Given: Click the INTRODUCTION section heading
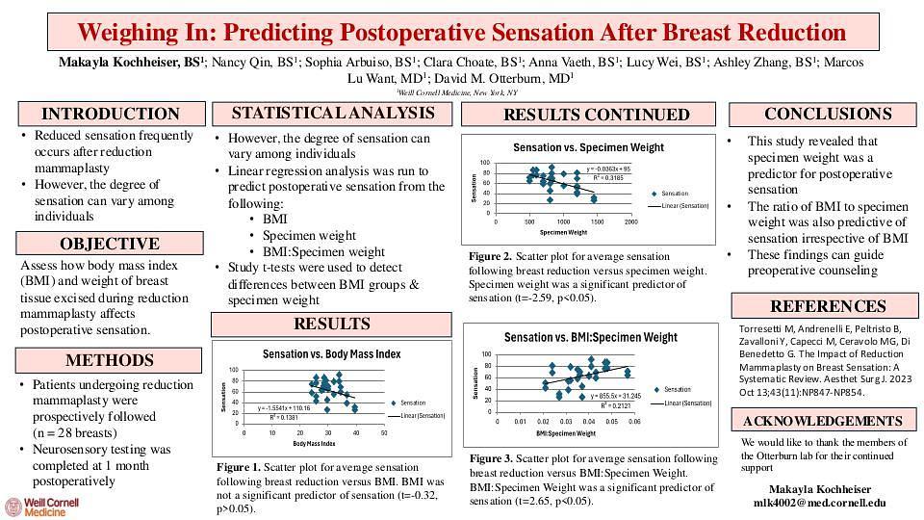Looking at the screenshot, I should pos(110,114).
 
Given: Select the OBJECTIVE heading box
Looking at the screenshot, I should pos(110,244).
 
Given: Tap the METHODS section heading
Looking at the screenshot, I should pos(110,361).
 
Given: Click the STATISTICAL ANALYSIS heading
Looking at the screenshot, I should pos(332,114).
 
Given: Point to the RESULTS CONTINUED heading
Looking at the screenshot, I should pos(597,115).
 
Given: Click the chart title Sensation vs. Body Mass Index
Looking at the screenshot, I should pos(331,354).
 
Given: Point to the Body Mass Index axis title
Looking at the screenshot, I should pos(314,444).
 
